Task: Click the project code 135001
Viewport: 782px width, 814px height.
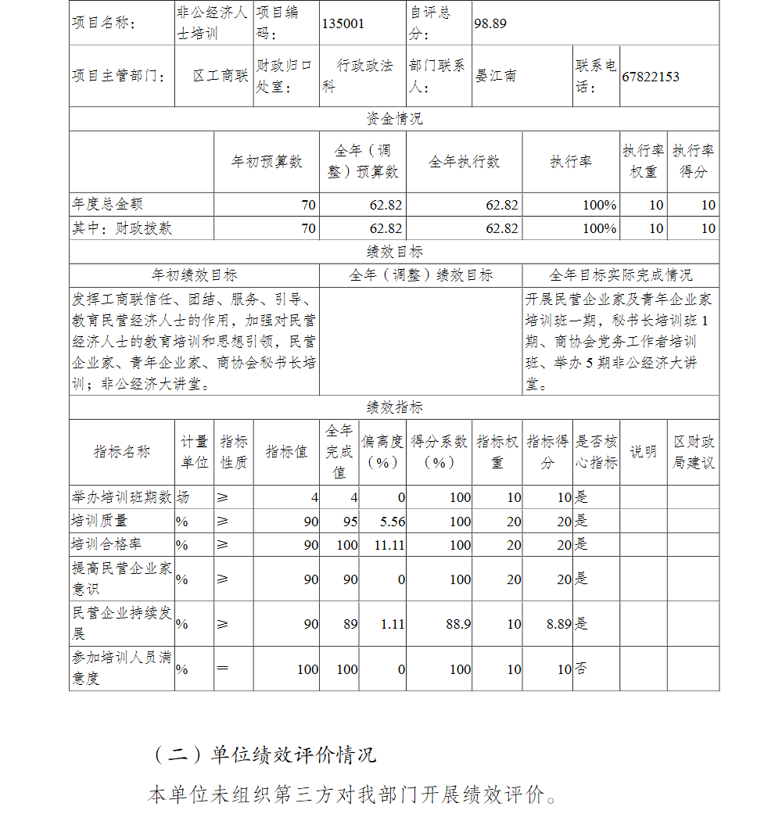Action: [x=343, y=23]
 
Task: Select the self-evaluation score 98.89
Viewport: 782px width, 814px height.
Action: [x=490, y=23]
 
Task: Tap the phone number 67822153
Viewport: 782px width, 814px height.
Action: [x=651, y=77]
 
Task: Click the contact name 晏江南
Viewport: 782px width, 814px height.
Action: [x=496, y=77]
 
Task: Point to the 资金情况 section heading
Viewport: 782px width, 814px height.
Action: [x=394, y=119]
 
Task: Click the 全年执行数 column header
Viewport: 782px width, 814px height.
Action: [x=465, y=162]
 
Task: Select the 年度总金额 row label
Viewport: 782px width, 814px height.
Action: [x=107, y=205]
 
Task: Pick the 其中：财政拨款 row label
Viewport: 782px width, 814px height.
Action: [x=122, y=228]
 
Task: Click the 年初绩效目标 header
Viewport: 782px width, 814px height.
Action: [x=194, y=275]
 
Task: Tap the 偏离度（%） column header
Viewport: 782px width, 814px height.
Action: [x=382, y=452]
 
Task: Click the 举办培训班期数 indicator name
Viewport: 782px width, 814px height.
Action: [x=121, y=497]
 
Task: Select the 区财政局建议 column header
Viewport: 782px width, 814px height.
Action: [x=693, y=452]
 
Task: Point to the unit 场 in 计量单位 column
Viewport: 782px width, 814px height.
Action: [x=183, y=497]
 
